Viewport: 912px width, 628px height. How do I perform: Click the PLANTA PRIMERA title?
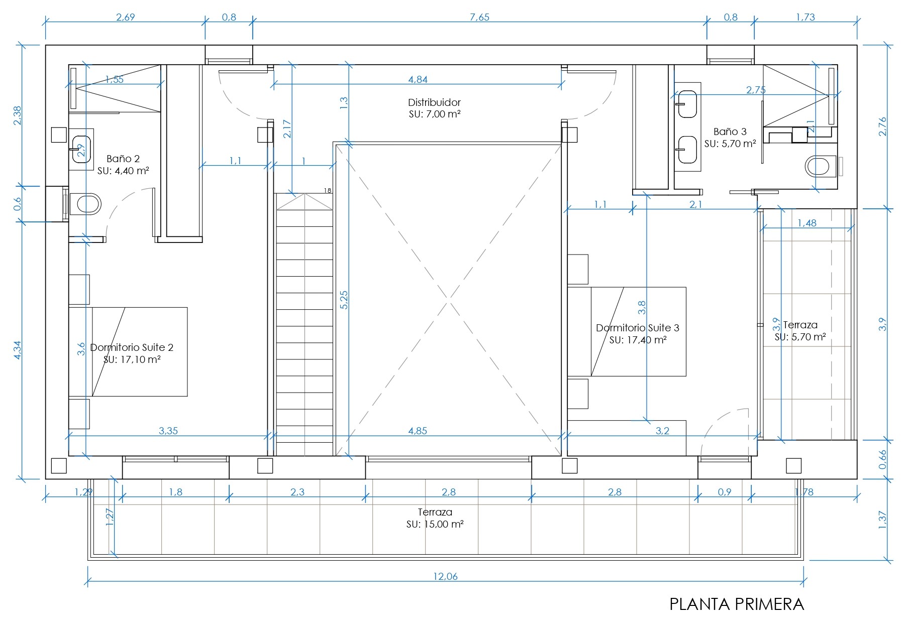[x=737, y=604]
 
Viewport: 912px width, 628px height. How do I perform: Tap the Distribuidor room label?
[x=434, y=102]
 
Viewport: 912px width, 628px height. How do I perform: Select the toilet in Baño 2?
[x=89, y=204]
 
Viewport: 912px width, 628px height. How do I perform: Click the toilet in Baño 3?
[x=821, y=166]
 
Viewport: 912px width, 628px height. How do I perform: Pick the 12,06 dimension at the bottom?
[x=446, y=576]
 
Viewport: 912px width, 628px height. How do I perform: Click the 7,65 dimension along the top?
[x=479, y=17]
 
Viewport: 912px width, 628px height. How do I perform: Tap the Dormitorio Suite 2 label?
[x=132, y=347]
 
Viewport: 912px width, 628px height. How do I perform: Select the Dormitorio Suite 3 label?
[x=638, y=328]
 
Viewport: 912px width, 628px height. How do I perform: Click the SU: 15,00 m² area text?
[x=435, y=524]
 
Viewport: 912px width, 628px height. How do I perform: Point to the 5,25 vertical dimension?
[x=344, y=300]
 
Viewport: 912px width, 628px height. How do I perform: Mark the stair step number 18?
[x=328, y=191]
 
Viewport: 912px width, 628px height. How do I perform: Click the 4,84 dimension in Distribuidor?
[x=418, y=79]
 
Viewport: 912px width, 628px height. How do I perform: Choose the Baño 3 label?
[x=730, y=132]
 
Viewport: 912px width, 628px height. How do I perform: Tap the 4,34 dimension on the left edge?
[x=18, y=350]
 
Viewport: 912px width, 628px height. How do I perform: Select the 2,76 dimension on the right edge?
[x=883, y=126]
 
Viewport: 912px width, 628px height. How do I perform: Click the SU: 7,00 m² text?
[x=435, y=114]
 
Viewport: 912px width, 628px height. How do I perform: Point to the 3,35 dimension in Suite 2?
[x=168, y=431]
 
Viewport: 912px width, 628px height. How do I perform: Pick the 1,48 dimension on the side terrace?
[x=807, y=223]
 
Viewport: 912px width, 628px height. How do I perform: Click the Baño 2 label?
[x=123, y=159]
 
